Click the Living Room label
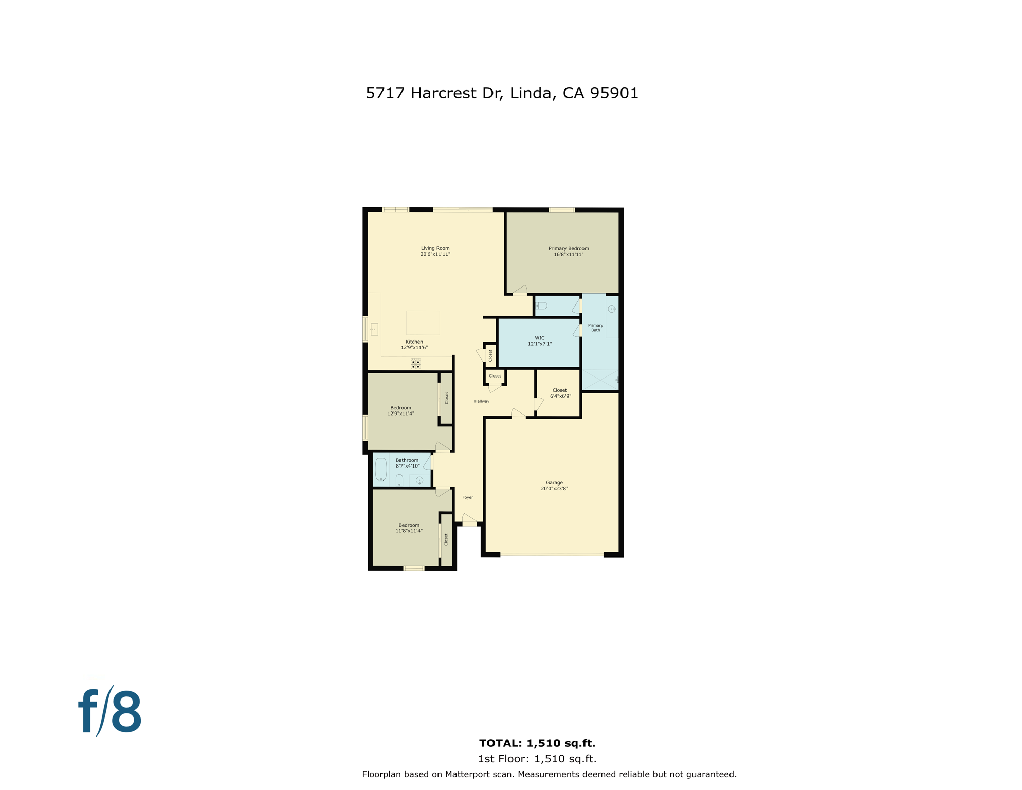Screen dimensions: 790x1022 tap(435, 248)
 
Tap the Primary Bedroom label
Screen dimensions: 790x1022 tap(568, 249)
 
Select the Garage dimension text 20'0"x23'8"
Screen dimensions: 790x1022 tap(554, 489)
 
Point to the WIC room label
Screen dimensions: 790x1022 tap(539, 338)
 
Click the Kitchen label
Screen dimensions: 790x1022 tap(414, 342)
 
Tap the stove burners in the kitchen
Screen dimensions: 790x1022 tap(415, 364)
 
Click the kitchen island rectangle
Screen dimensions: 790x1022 tap(423, 323)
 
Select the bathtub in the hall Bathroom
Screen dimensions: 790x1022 tap(381, 469)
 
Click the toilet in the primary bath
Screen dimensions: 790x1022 tap(541, 306)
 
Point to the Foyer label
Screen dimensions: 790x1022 tap(467, 497)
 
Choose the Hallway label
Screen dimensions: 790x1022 tap(482, 401)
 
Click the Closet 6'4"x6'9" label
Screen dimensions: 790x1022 tap(560, 393)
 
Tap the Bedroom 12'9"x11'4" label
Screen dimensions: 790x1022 tap(400, 410)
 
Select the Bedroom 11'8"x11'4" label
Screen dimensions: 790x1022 tap(409, 528)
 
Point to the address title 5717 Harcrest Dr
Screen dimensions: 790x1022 tap(502, 93)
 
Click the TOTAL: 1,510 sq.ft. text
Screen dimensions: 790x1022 tap(537, 743)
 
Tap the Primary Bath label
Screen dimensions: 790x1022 tap(595, 328)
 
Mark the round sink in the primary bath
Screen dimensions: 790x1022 tap(612, 309)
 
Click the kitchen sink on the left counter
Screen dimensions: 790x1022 tap(374, 329)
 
